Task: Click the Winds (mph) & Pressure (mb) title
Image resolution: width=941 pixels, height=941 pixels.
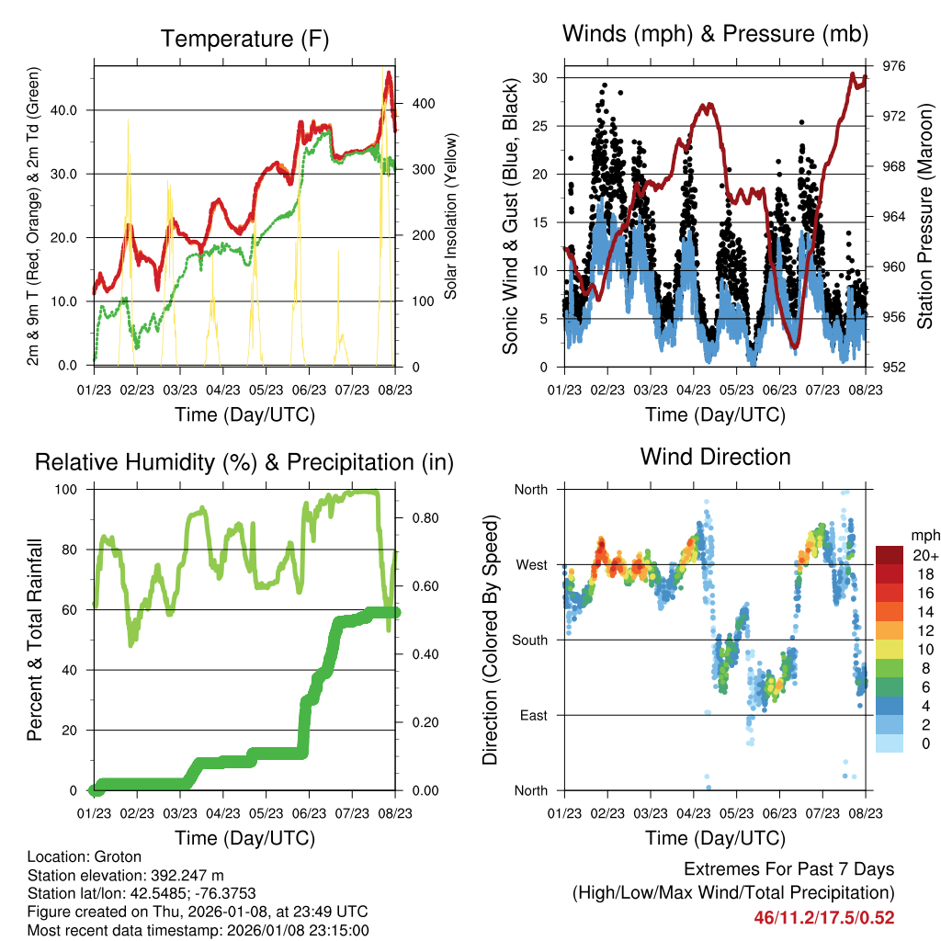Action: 715,35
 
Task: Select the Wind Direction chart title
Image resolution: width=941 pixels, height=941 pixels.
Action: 715,457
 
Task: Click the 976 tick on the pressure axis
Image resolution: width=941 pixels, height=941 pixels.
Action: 894,66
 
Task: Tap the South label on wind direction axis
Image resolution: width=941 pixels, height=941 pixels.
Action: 530,641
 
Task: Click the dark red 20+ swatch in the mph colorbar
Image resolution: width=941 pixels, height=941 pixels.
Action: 889,556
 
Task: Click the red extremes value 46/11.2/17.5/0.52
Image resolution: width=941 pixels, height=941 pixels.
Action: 824,917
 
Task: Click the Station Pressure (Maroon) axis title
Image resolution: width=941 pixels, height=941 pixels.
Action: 925,216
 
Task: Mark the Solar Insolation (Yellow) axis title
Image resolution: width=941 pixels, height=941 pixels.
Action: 451,216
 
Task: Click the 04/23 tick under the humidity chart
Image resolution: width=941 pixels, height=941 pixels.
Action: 222,812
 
